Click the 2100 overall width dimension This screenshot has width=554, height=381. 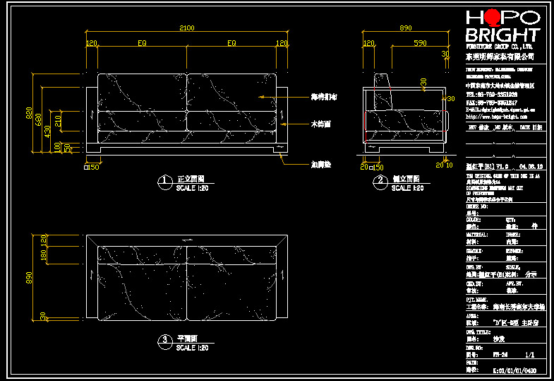coord(186,28)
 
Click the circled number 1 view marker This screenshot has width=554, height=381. coord(164,182)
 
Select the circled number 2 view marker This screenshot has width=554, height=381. coord(379,182)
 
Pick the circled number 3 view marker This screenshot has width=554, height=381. coord(164,341)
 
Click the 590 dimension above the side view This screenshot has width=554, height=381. coord(420,43)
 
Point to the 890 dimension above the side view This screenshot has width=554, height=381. coord(405,28)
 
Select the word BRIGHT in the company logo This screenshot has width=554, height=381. coord(502,35)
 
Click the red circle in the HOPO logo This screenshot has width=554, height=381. coord(493,17)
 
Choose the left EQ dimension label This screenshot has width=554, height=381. coord(142,43)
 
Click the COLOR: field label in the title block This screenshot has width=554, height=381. coord(474,219)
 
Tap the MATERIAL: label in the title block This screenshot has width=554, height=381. coord(477,234)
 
